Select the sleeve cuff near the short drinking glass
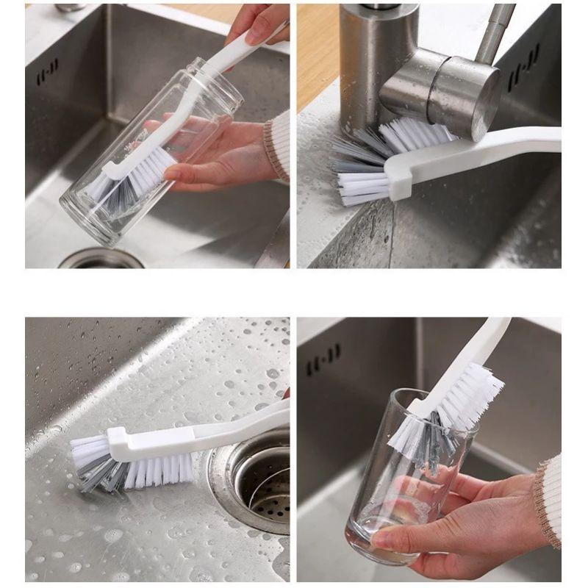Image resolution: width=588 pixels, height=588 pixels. point(548,500)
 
